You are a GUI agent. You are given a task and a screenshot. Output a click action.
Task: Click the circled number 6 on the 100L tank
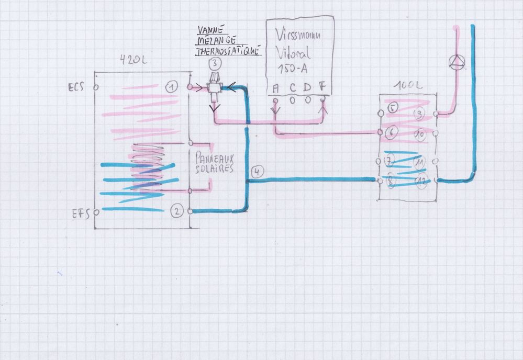click(391, 133)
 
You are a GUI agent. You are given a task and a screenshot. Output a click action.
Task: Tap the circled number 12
click(422, 181)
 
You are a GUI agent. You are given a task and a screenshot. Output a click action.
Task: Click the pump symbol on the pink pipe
click(458, 63)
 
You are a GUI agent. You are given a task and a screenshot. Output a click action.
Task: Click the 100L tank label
click(409, 84)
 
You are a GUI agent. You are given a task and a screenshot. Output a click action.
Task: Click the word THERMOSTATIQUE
click(228, 52)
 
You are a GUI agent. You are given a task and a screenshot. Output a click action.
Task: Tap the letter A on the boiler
click(275, 88)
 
